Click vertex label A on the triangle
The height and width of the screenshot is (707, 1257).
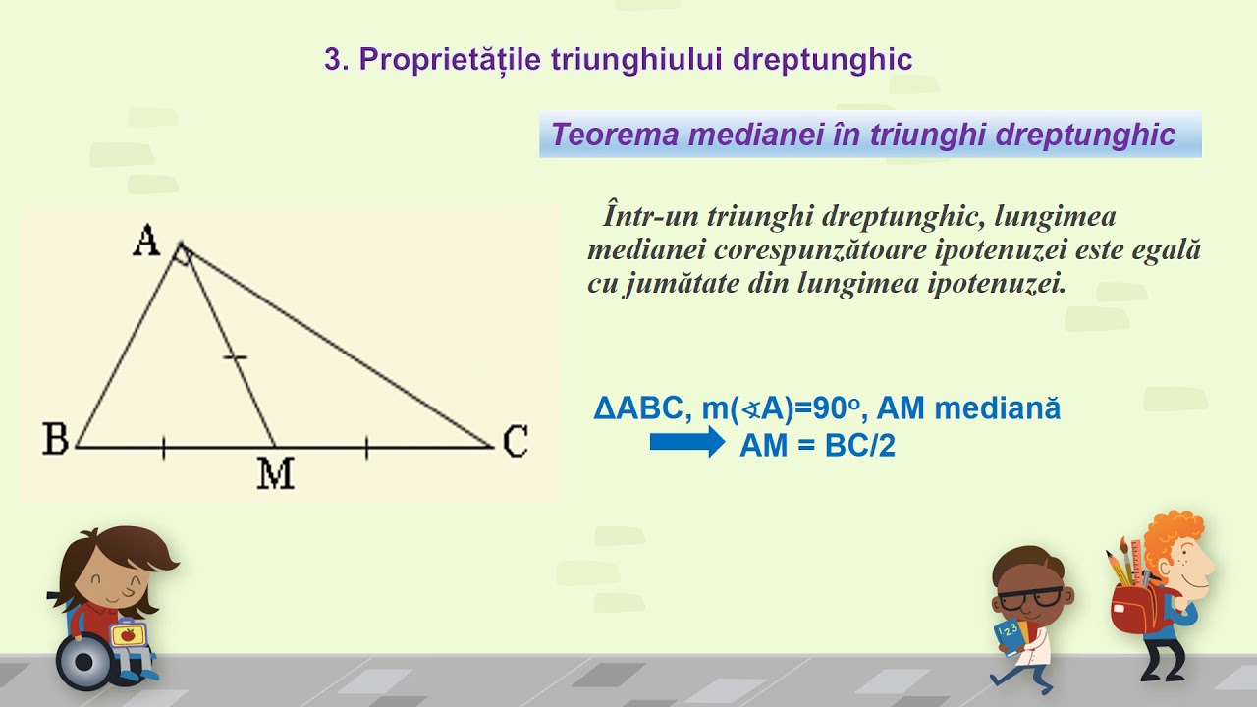coord(146,241)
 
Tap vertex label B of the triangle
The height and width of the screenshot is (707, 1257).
coord(55,440)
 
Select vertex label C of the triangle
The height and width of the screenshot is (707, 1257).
coord(516,442)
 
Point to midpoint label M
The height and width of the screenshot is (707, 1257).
coord(276,474)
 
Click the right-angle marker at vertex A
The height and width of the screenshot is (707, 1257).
coord(182,254)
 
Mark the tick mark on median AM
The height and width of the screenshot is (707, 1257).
coord(235,357)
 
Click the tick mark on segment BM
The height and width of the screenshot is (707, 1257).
coord(163,449)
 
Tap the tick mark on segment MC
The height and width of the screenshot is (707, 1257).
coord(366,449)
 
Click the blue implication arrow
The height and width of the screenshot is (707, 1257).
coord(686,443)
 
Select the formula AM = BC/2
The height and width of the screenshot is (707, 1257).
coord(817,446)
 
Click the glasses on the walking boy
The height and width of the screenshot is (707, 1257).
coord(1030,595)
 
